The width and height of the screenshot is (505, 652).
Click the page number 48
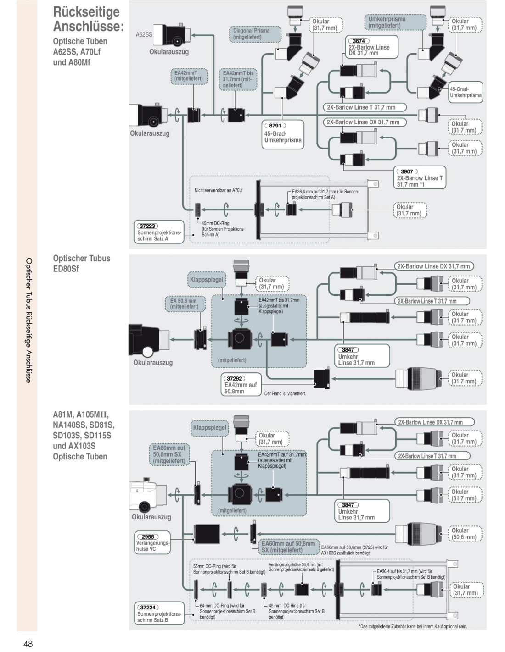28,644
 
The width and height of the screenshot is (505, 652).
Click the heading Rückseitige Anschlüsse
88,19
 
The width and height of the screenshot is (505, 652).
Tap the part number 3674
359,41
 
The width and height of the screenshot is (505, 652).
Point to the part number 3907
406,171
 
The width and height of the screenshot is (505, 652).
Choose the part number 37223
147,226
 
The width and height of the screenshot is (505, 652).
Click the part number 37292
235,378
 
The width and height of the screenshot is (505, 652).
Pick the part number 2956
147,536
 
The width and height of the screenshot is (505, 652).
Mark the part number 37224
147,607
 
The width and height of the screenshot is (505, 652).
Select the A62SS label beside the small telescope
144,34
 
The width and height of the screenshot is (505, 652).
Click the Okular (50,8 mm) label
464,534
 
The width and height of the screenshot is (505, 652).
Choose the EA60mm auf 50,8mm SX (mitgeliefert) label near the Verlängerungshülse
288,547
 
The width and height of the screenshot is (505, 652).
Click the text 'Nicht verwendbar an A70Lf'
219,190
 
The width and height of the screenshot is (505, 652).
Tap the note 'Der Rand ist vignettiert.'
285,393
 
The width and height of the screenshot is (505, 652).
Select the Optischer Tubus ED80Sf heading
82,263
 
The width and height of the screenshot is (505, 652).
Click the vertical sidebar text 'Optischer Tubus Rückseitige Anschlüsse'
28,320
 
